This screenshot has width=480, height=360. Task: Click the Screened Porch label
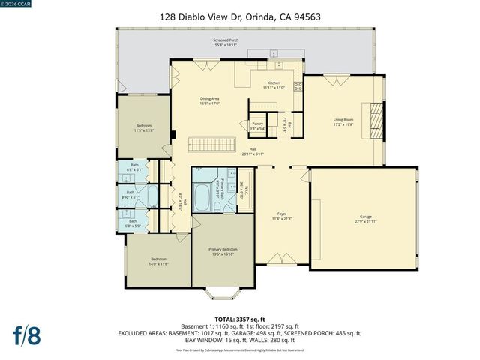coord(226,43)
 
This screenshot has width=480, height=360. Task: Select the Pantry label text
coord(257,124)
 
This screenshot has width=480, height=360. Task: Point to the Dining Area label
coord(209,100)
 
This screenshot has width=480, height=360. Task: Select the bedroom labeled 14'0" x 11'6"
coord(157,260)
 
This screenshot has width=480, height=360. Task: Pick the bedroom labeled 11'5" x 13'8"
coord(144,127)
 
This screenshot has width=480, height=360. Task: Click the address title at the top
coord(239,15)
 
